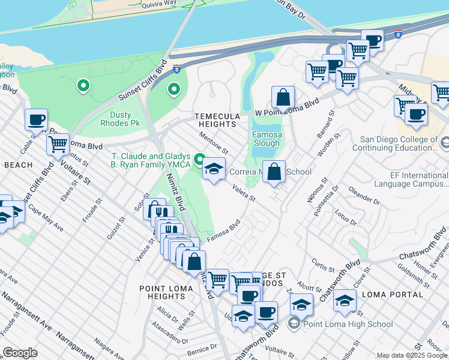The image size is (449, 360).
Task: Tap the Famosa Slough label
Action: [266, 139]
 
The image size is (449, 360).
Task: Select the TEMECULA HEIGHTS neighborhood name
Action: [217, 120]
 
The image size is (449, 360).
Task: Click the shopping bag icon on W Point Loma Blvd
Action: [283, 97]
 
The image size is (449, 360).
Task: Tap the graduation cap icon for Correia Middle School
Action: [213, 169]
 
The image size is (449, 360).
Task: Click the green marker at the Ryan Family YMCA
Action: [200, 160]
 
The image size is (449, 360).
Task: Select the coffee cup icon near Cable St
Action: [36, 119]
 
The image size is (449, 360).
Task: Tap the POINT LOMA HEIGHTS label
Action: [166, 292]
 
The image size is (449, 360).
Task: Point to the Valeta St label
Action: [244, 194]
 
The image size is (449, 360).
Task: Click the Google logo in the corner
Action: [20, 353]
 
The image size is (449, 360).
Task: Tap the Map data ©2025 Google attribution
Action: [411, 355]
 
